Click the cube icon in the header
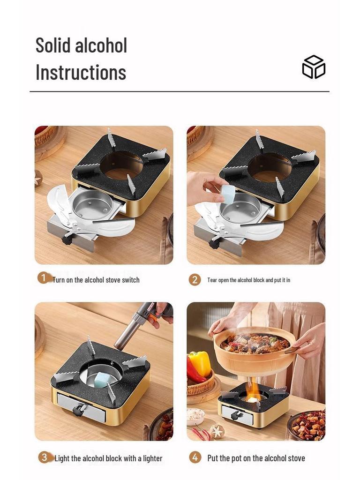[x=314, y=67]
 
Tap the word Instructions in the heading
[x=81, y=73]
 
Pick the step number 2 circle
[x=195, y=280]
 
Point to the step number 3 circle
[x=44, y=457]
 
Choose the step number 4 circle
[x=195, y=457]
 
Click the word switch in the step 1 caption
[x=129, y=280]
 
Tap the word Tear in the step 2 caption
[x=212, y=280]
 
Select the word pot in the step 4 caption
[x=243, y=458]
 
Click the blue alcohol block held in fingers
[x=228, y=194]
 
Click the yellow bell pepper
[x=200, y=363]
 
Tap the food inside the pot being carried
[x=253, y=343]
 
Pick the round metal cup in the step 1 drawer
[x=92, y=203]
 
